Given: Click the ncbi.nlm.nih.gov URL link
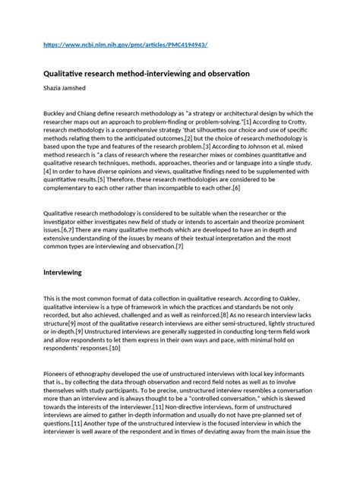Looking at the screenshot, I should click(126, 45).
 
